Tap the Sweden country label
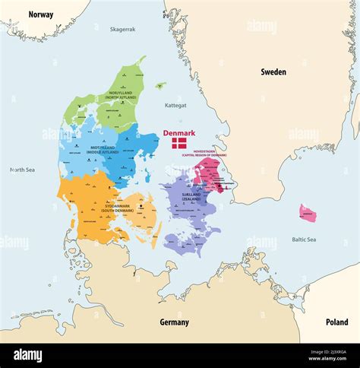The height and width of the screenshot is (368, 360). click(x=273, y=72)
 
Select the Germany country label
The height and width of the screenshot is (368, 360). click(x=174, y=322)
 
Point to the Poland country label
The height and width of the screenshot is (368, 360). click(x=336, y=322)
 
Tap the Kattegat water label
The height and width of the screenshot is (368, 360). click(x=175, y=106)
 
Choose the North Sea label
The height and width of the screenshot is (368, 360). click(x=22, y=170)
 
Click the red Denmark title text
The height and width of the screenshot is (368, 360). click(x=179, y=133)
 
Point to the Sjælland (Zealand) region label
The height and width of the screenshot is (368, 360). click(x=182, y=195)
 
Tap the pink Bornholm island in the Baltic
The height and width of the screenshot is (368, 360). click(x=307, y=213)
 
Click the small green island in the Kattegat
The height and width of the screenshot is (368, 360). click(x=160, y=86)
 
